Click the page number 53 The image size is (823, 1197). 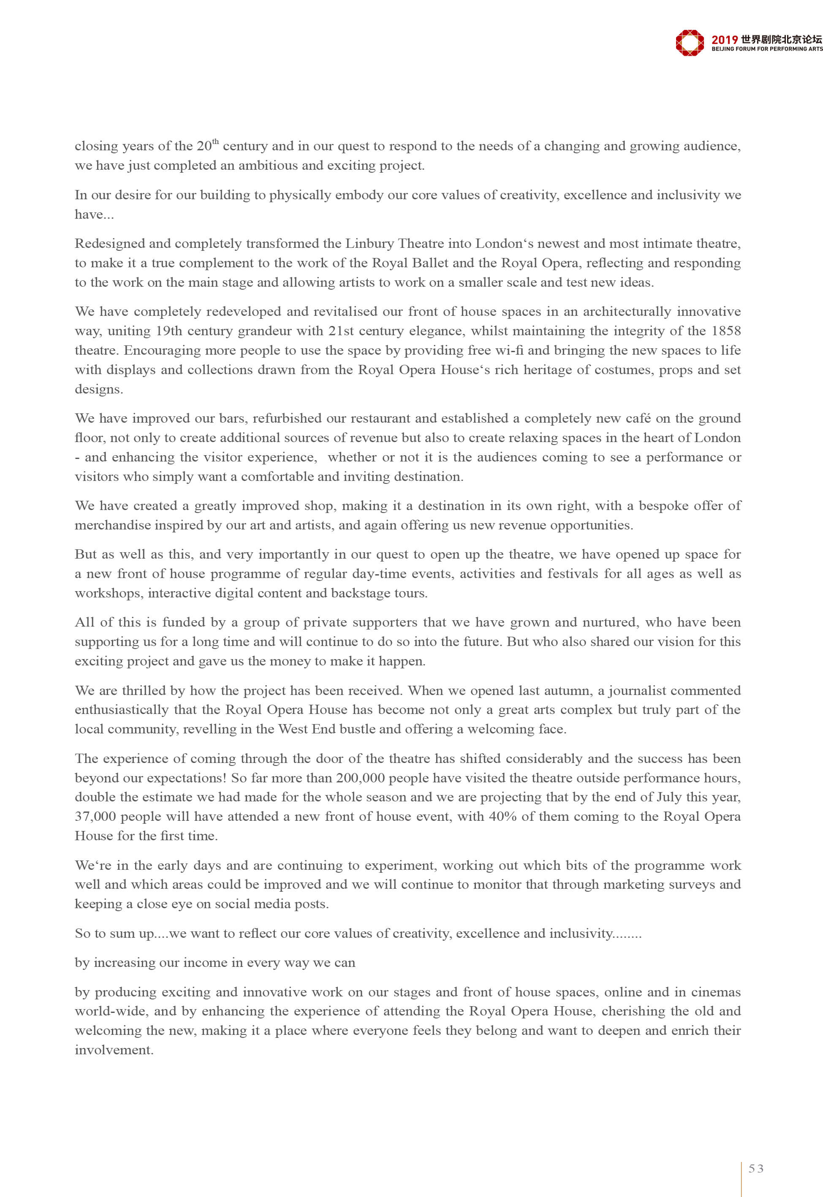[756, 1169]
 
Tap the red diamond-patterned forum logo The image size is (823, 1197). [690, 43]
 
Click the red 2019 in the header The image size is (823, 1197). [725, 40]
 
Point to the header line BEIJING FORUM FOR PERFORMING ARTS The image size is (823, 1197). [767, 49]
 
